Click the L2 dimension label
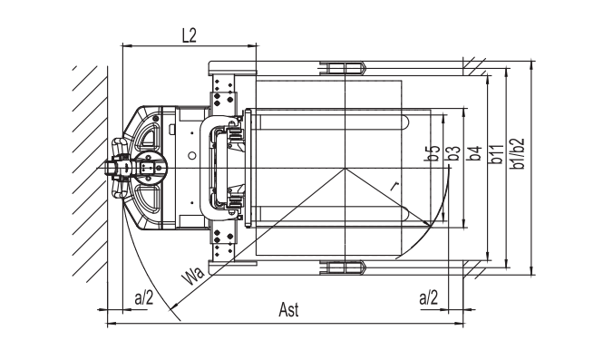click(189, 36)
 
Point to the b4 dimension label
click(472, 154)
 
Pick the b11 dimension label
click(497, 156)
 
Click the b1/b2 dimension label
click(518, 156)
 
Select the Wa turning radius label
click(192, 276)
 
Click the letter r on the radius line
click(394, 185)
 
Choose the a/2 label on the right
click(428, 297)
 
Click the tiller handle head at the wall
click(119, 169)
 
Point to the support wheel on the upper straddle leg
click(342, 69)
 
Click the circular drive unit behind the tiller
click(150, 169)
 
